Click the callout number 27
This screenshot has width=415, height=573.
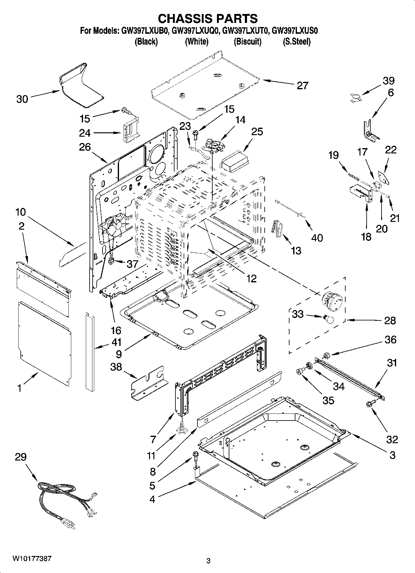coord(302,85)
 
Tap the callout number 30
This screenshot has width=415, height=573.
coord(22,99)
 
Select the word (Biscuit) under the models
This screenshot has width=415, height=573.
coord(247,42)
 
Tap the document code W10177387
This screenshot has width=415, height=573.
coord(32,558)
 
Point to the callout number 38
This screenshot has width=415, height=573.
coord(116,367)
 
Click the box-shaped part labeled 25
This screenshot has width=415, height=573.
coord(235,161)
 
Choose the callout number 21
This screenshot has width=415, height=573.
coord(394,218)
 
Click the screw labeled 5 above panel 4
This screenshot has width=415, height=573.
coord(196,455)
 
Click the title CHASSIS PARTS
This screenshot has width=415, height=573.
coord(208,19)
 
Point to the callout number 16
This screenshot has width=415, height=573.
coord(116,330)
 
